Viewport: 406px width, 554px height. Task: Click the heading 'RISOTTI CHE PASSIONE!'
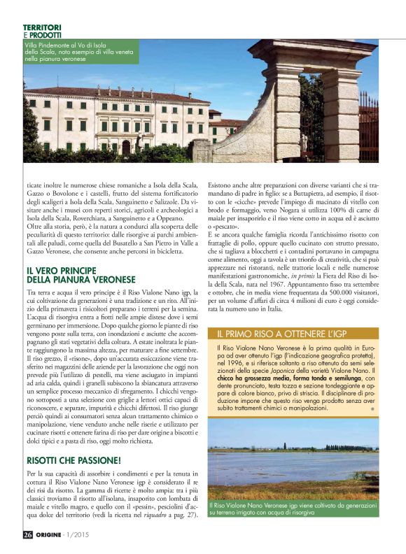point(73,461)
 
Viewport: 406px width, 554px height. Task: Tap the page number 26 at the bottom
point(27,536)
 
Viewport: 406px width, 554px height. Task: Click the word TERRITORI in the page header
point(41,27)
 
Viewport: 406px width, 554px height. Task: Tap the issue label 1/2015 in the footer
point(87,536)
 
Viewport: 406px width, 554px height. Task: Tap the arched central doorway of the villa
point(127,147)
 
